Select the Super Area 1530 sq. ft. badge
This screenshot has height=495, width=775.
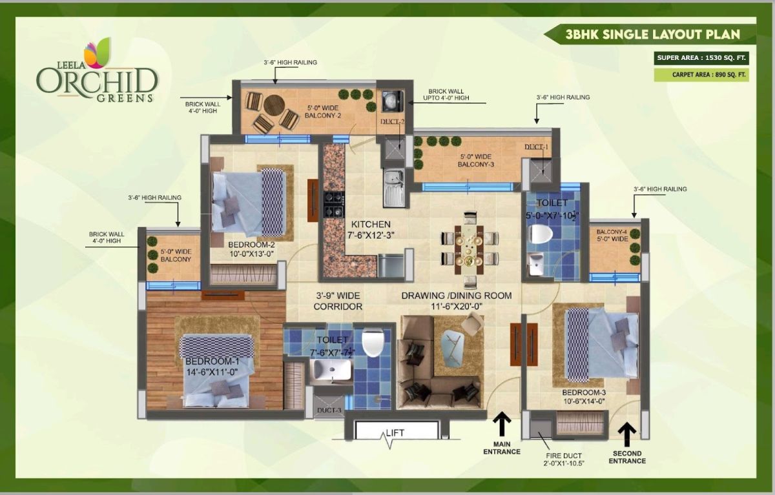coord(701,58)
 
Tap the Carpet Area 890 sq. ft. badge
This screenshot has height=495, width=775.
coord(701,75)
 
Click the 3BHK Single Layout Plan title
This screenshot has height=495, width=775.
coord(652,35)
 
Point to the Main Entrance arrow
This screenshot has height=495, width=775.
coord(502,424)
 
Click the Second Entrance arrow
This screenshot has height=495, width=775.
coord(627,434)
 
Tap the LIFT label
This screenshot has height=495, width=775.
coord(395,433)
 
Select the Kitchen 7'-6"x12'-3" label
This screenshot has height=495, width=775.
coord(371,230)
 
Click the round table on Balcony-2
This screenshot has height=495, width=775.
coord(274,105)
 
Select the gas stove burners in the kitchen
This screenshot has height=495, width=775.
coord(334,205)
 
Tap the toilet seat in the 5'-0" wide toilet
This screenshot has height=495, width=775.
coord(541,234)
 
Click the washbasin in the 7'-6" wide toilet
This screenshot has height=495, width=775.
coord(331,370)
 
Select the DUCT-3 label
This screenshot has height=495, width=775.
coord(329,410)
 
